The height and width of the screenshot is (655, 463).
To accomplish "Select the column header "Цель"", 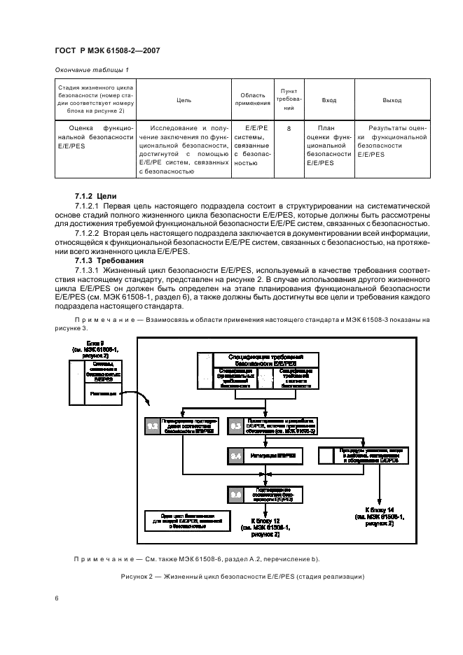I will coord(184,100).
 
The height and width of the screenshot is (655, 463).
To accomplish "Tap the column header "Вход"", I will coord(329,100).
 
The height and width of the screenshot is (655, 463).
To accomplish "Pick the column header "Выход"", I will coord(392,100).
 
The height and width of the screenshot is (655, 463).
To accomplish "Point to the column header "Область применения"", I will coord(252,99).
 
